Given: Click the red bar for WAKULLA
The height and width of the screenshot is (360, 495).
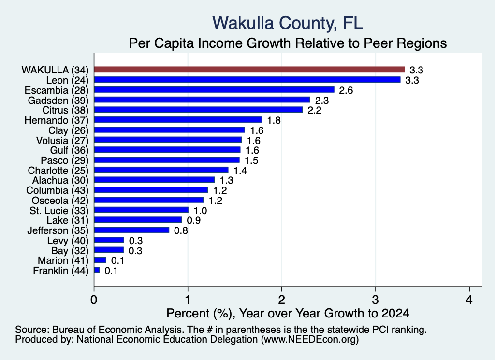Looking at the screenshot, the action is tap(249, 70).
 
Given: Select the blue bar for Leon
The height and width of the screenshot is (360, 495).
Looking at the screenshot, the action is tap(247, 80).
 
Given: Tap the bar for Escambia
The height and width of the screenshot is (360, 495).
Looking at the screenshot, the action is tap(214, 90).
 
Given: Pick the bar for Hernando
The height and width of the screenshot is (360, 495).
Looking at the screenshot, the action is tap(178, 120).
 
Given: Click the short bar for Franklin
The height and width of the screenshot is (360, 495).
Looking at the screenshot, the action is tap(97, 270).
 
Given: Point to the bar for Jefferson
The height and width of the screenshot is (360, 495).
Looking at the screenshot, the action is tap(131, 230).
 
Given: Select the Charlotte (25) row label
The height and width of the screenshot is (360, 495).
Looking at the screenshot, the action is tap(58, 171).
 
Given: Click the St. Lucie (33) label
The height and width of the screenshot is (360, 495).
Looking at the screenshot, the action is tap(59, 211).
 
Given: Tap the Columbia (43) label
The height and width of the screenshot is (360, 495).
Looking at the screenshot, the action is tap(58, 190).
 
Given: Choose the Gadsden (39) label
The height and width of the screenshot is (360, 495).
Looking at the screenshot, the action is tap(58, 101).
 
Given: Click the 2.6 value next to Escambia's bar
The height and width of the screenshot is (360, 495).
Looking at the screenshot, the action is tap(346, 90).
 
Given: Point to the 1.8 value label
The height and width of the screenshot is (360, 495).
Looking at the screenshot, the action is tap(274, 120).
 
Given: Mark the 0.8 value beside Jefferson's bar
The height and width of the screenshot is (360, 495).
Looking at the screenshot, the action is tap(181, 230).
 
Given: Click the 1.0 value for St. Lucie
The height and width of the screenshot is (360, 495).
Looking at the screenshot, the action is tap(200, 211).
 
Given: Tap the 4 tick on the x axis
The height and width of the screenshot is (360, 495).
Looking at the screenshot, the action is tap(469, 300).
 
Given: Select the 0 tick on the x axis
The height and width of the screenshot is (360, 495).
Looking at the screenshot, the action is tap(94, 300).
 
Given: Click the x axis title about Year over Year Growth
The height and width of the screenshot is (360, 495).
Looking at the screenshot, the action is tap(288, 313).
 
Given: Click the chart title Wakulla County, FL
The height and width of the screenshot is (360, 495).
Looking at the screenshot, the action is tap(288, 23).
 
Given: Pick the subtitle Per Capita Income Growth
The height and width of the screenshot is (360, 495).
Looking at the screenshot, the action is tap(288, 43).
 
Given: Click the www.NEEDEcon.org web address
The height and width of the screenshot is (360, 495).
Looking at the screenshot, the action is tap(310, 340).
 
